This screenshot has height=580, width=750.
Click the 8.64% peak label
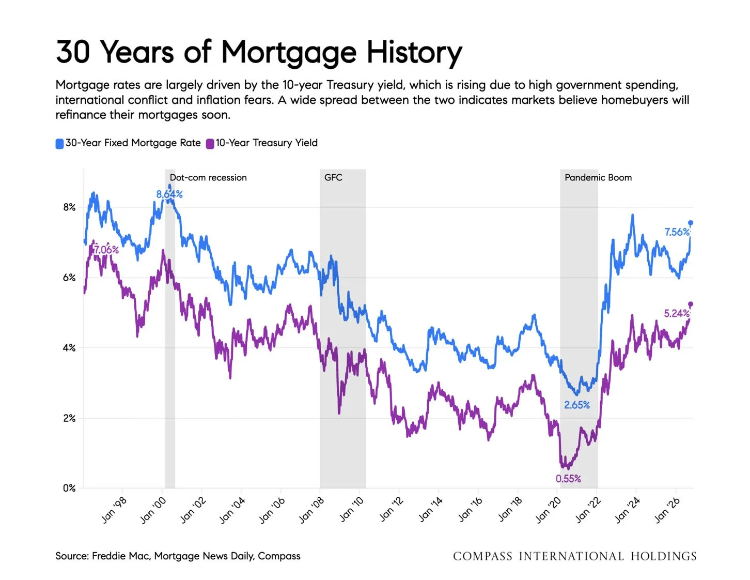pos(169,194)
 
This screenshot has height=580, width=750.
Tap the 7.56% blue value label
pos(677,232)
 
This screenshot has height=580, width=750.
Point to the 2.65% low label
pos(577,405)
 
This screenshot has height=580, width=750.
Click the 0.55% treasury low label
pos(568,479)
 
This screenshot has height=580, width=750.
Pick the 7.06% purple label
pos(106,249)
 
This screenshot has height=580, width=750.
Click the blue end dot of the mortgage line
pos(690,223)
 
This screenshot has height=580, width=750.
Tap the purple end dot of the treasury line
pos(690,304)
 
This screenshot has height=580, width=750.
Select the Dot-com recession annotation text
pos(208,177)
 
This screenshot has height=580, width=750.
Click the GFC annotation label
pos(333,177)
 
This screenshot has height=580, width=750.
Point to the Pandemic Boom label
pos(598,177)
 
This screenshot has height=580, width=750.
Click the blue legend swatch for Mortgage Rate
pos(59,143)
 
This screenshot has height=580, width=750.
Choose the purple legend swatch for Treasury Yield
pos(210,143)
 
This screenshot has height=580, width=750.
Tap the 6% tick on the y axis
pos(69,278)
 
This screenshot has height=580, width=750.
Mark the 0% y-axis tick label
pos(69,488)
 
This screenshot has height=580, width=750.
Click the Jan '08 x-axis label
pos(311,510)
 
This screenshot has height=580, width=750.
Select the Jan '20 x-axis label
pos(549,510)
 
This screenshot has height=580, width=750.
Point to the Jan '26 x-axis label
pos(667,510)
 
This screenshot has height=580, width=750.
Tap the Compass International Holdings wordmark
pos(575,556)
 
